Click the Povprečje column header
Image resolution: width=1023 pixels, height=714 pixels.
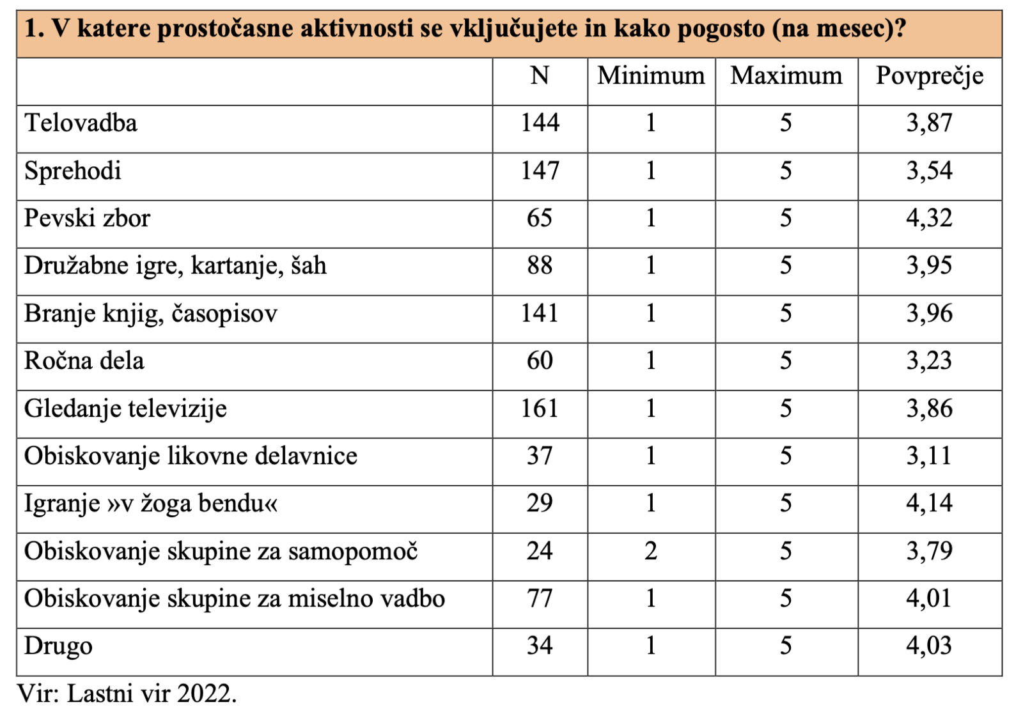pos(929,77)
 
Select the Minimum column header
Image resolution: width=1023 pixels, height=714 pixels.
pos(651,76)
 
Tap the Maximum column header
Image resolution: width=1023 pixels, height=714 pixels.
pos(786,76)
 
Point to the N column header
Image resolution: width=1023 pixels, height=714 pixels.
pos(540,76)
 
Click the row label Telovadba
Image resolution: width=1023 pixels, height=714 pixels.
pos(81,123)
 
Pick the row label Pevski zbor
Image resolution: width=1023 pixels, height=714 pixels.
pos(87,219)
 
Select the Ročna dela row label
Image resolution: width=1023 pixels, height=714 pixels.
pos(84,361)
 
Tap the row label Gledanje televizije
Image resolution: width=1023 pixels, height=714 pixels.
pos(125,409)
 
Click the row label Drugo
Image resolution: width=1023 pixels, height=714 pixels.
pos(58,646)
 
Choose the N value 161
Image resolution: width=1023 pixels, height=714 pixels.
pos(540,408)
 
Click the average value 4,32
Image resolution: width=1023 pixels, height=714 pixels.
pos(929,219)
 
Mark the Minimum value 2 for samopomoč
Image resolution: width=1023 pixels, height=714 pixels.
pos(651,551)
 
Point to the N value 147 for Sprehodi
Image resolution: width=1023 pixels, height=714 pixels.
pos(540,171)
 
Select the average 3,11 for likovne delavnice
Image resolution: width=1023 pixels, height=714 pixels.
pos(929,456)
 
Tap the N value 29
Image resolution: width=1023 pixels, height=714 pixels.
pos(540,504)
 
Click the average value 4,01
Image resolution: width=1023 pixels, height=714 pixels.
pos(929,599)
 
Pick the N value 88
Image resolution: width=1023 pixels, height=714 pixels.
pos(540,266)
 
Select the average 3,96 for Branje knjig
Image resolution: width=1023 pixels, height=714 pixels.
pos(929,314)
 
